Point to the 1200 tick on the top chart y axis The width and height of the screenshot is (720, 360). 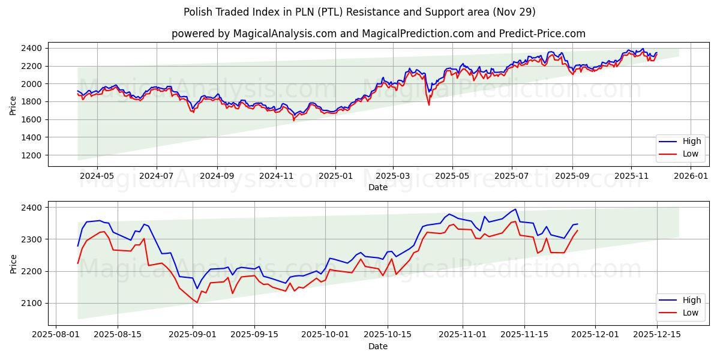pyautogui.click(x=34, y=155)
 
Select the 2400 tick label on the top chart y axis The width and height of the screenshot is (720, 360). pyautogui.click(x=34, y=48)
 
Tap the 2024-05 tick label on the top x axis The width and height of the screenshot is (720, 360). pyautogui.click(x=97, y=176)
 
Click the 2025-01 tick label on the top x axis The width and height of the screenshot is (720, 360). pyautogui.click(x=335, y=176)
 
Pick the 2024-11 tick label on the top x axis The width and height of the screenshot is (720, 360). pyautogui.click(x=275, y=176)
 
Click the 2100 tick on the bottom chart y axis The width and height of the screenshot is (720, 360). pyautogui.click(x=34, y=304)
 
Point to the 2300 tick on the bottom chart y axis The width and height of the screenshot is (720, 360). pyautogui.click(x=34, y=239)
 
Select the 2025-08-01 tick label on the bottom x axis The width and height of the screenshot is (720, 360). pyautogui.click(x=56, y=334)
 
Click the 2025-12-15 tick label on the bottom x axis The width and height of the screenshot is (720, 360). pyautogui.click(x=656, y=334)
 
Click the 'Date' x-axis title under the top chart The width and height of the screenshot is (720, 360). pyautogui.click(x=378, y=187)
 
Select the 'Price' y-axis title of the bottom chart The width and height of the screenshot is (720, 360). pyautogui.click(x=14, y=263)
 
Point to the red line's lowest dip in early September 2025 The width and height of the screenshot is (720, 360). pyautogui.click(x=197, y=302)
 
